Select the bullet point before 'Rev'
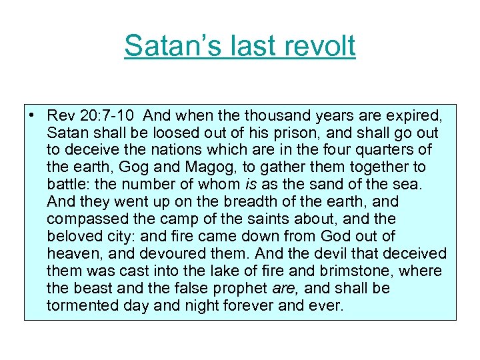click(x=31, y=115)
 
